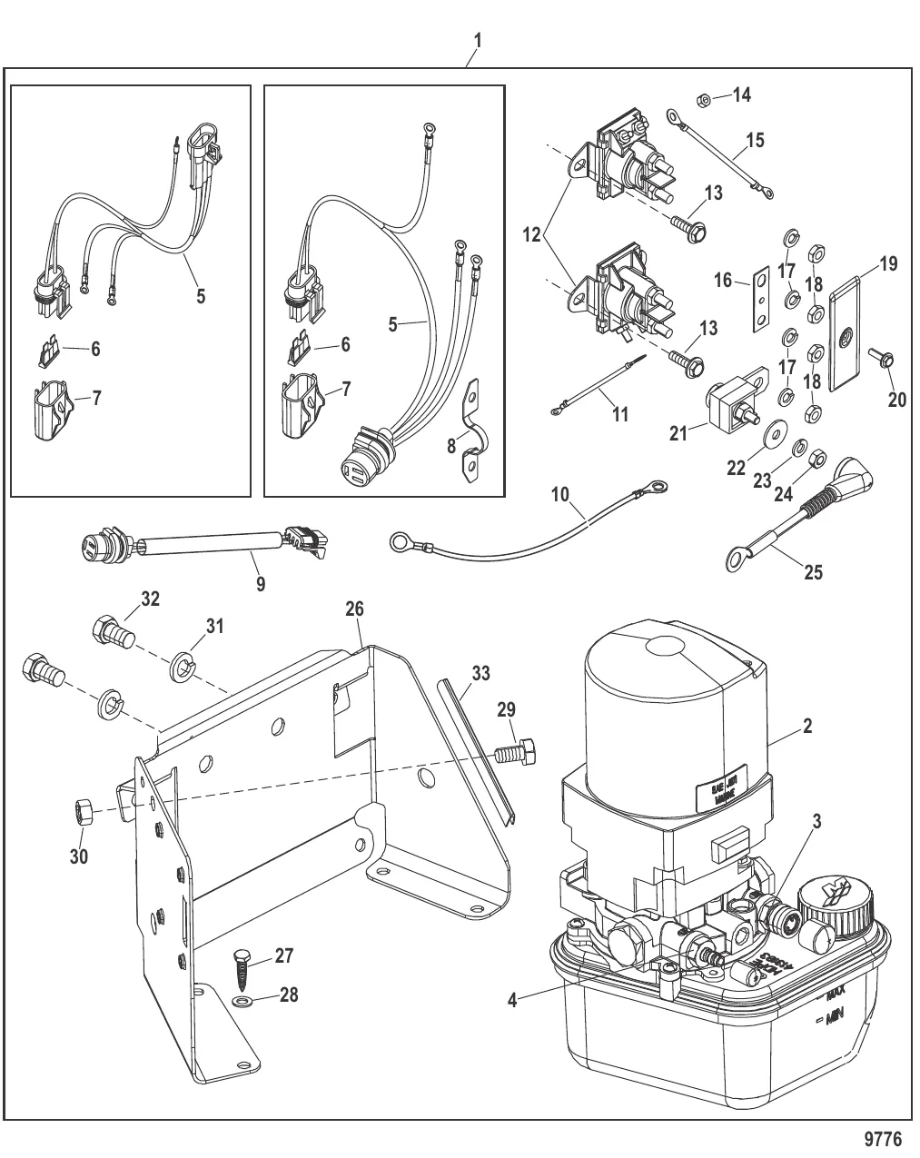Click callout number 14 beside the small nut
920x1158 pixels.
tap(742, 94)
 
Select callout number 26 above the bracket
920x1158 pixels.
tap(354, 609)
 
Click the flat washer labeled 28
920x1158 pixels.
tap(241, 1002)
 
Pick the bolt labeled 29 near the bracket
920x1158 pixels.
tap(517, 753)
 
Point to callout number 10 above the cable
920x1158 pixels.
tap(560, 495)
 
